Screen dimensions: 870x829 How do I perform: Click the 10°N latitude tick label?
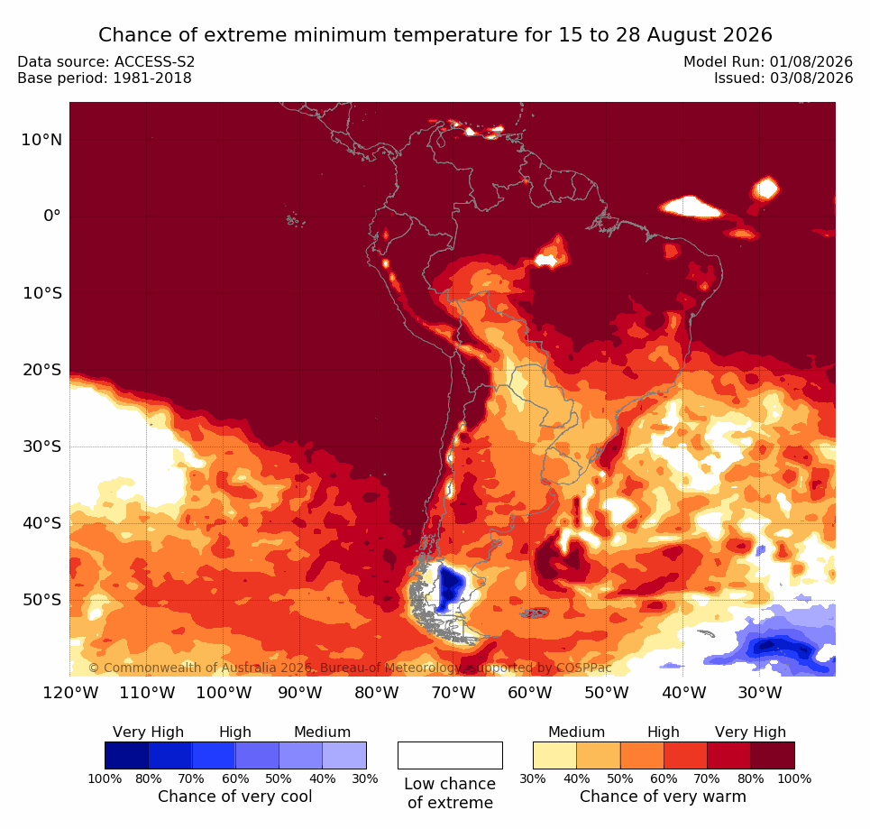(x=41, y=140)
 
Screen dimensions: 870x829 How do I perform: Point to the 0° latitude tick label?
(x=52, y=216)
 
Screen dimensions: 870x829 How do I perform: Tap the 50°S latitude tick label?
(x=42, y=600)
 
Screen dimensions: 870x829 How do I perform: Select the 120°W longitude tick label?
(x=70, y=693)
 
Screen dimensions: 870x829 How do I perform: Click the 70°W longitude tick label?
(x=453, y=693)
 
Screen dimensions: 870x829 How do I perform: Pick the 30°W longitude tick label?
(x=760, y=693)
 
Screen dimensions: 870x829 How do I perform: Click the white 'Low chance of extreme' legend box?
(x=450, y=756)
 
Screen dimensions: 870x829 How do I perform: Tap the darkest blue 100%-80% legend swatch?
(x=126, y=756)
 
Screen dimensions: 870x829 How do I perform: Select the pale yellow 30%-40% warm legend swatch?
(x=554, y=756)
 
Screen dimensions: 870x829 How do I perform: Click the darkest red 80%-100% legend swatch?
(x=773, y=756)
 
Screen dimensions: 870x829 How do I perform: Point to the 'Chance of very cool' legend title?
(x=235, y=797)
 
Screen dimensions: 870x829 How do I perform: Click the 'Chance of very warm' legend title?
(x=663, y=797)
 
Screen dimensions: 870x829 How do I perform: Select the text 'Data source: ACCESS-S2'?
(x=106, y=61)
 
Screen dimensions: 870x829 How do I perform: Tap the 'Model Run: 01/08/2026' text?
(x=768, y=61)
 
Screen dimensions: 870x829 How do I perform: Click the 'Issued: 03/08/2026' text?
(x=783, y=78)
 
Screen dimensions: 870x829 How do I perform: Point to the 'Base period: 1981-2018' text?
(x=105, y=78)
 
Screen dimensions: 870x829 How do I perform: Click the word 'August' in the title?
(x=682, y=35)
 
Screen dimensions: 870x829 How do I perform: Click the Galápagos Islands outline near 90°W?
(x=295, y=220)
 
